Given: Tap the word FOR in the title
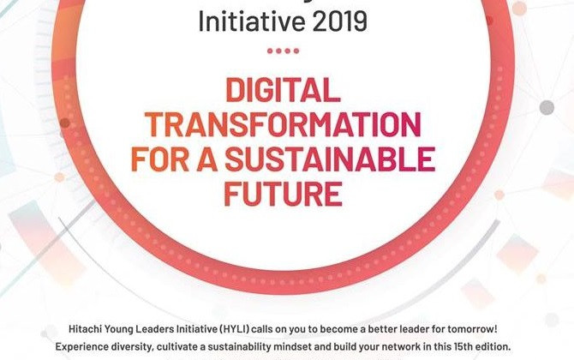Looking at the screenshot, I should click(155, 159).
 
